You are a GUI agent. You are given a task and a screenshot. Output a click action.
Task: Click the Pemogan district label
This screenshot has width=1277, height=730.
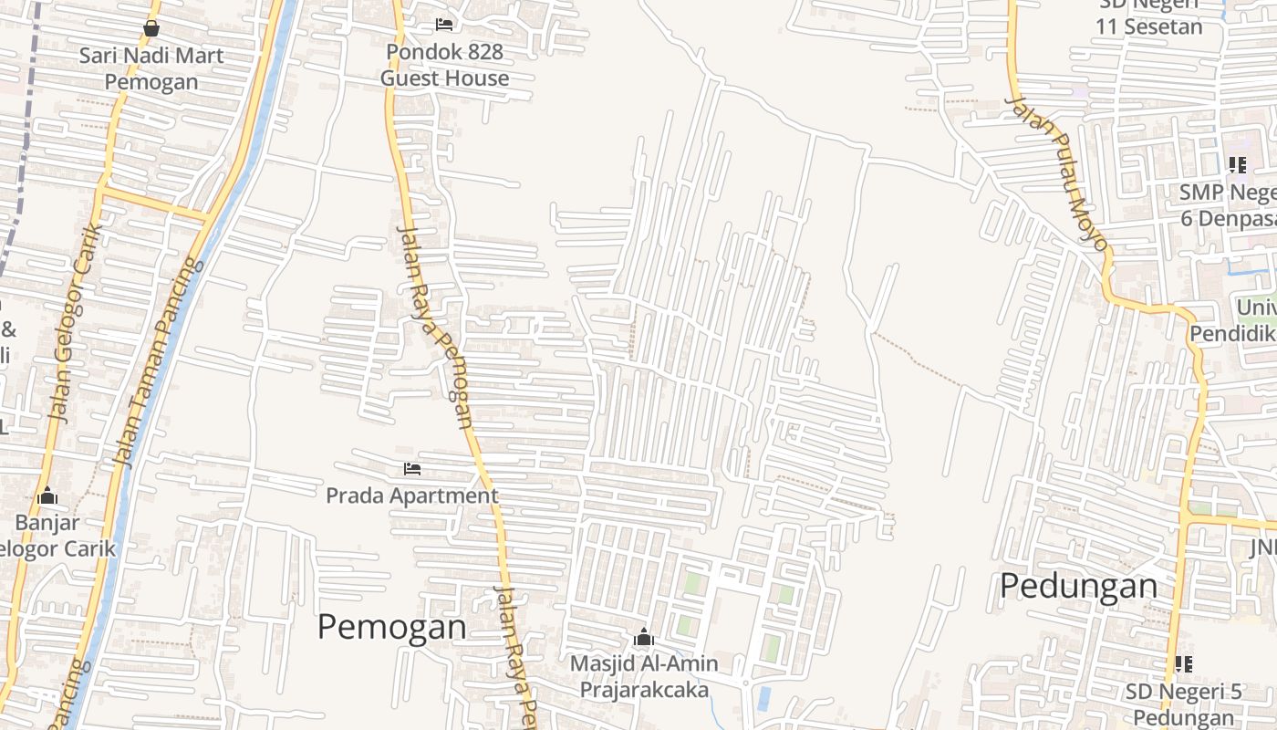[x=392, y=627]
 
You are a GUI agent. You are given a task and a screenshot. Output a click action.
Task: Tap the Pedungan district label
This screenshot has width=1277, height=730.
[x=1079, y=586]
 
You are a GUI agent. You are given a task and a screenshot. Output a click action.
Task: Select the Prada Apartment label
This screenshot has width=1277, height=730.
[x=412, y=495]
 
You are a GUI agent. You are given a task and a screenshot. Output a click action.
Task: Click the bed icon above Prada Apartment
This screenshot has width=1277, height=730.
[x=412, y=469]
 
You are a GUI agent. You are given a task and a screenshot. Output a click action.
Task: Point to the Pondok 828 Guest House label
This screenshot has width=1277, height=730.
[x=445, y=65]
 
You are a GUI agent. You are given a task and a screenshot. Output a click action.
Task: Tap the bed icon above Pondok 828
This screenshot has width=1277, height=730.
[x=444, y=25]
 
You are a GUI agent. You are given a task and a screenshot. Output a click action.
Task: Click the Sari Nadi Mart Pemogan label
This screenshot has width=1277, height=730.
[x=151, y=68]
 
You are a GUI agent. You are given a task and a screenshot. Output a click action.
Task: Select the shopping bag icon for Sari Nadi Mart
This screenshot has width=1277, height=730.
[x=151, y=28]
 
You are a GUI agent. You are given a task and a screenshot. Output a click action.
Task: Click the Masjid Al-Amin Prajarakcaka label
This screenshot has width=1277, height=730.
[x=644, y=676]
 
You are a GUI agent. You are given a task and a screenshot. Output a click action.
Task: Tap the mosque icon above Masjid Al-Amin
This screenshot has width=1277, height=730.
[x=644, y=637]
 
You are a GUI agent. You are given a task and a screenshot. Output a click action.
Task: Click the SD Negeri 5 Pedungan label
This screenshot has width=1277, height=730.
[x=1183, y=704]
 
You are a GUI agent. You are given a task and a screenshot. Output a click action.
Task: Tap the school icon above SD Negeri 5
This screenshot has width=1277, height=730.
[x=1183, y=663]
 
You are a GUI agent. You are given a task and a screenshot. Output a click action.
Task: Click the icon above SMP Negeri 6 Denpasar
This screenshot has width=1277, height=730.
[x=1237, y=165]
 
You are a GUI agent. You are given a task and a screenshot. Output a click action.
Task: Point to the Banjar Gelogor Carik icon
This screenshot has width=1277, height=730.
[x=47, y=496]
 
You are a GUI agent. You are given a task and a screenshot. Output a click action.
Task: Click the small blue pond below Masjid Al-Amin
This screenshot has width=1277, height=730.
[x=763, y=698]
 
